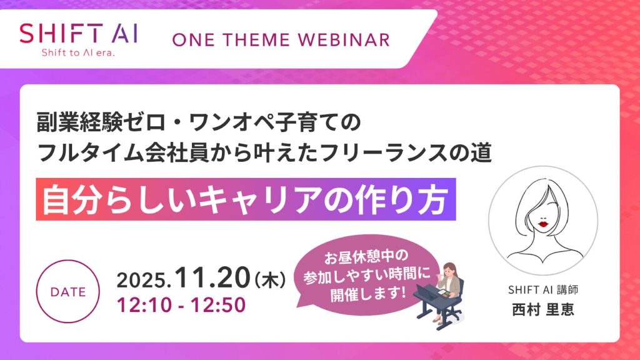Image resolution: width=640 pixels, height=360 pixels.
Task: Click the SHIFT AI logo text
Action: click(79, 32)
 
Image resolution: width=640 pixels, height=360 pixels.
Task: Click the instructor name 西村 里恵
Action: click(542, 310)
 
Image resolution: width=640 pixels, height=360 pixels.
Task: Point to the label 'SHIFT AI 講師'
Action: click(542, 291)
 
